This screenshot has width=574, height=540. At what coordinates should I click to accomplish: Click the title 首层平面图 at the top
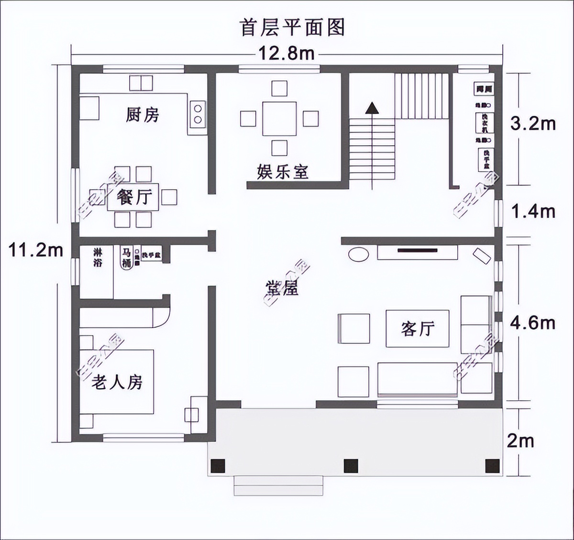coord(292,27)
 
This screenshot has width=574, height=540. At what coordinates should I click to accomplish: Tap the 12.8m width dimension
coord(287,53)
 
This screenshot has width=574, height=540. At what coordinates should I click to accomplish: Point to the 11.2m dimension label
coord(36,249)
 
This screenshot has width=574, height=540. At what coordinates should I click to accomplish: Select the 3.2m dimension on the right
coord(533,124)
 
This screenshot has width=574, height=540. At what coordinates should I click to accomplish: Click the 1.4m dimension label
coord(533,211)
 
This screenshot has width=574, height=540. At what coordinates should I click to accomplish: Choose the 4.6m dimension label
coord(532,323)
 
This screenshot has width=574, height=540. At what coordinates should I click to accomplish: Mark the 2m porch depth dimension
coord(520,441)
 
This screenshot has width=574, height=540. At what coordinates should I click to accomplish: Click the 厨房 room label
coord(142,115)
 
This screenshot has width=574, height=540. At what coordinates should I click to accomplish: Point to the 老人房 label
coord(117,382)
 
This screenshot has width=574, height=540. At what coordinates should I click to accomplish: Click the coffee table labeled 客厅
coord(418,328)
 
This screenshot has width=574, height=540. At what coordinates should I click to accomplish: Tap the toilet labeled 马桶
coord(126,258)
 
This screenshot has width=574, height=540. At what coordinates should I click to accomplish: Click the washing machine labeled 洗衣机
coord(484,123)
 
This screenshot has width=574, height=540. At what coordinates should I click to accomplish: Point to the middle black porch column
coord(351,465)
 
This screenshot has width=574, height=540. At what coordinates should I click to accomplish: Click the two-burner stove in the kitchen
coord(197,114)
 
